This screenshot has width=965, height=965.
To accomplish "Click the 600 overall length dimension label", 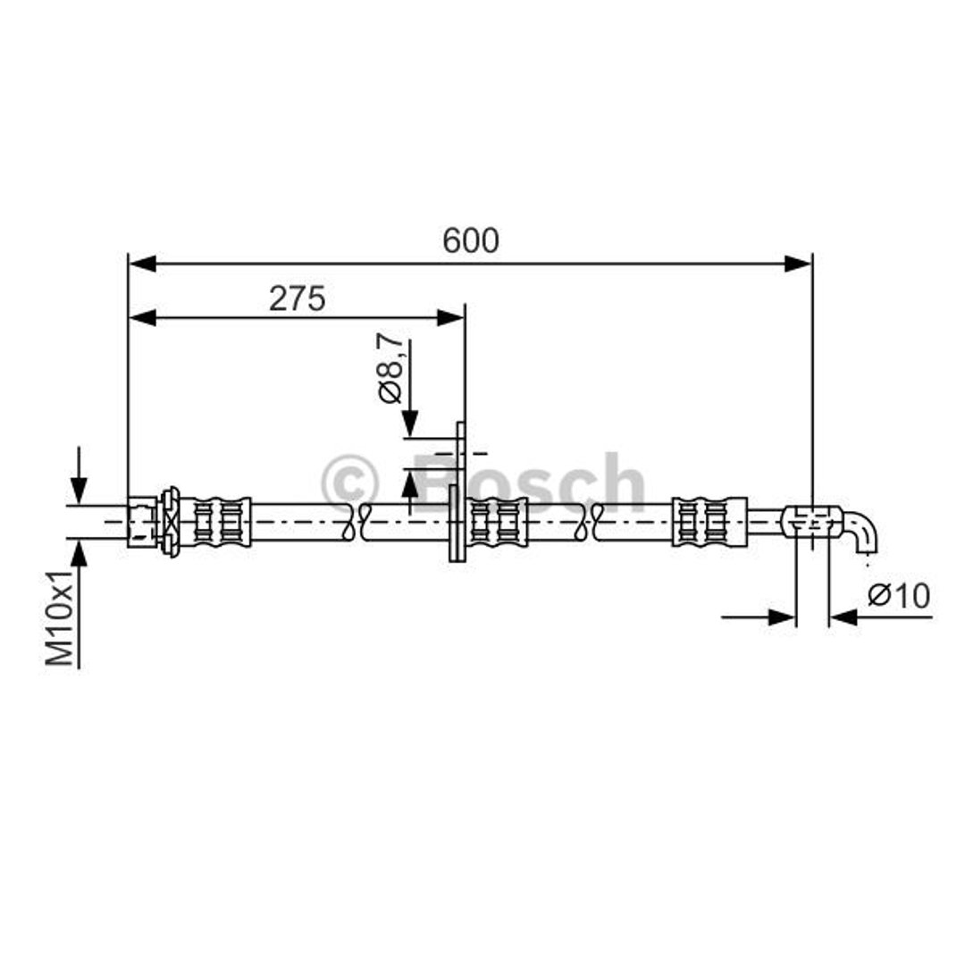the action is point(471,240).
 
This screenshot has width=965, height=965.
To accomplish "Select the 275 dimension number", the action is point(298,299).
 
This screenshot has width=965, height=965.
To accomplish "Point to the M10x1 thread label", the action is point(60,617).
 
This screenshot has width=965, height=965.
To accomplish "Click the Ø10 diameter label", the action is point(899,596).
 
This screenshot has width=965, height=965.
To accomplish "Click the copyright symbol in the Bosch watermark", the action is point(349,483).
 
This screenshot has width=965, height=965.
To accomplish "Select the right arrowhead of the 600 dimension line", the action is point(798,264).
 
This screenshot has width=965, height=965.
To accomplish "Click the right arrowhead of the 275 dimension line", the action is point(449,318).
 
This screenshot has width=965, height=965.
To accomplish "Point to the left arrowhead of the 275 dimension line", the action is point(142,318).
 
